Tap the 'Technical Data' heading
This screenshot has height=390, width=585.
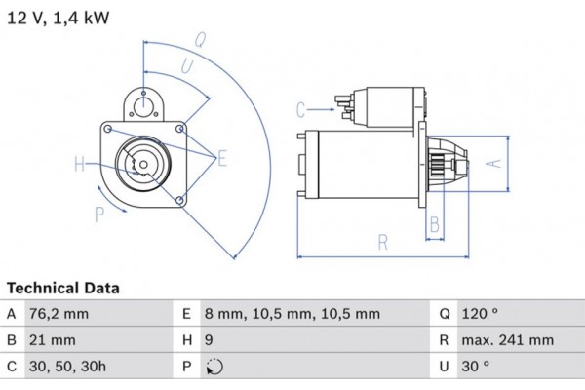tap(63, 289)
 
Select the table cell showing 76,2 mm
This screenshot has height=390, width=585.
tap(60, 314)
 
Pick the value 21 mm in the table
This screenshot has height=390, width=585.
tap(53, 341)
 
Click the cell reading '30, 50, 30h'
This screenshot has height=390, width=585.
tap(67, 368)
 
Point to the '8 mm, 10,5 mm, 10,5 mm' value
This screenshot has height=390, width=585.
tap(292, 314)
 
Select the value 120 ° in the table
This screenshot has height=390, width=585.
tap(480, 314)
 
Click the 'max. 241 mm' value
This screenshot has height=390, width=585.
tap(507, 341)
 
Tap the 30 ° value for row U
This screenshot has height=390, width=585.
tap(476, 368)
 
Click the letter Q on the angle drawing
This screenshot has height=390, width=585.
tap(199, 40)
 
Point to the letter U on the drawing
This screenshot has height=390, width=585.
tap(184, 65)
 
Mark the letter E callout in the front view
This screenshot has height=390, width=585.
tap(221, 158)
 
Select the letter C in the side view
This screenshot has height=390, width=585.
tap(301, 108)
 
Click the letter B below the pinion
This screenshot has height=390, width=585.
tap(435, 223)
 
